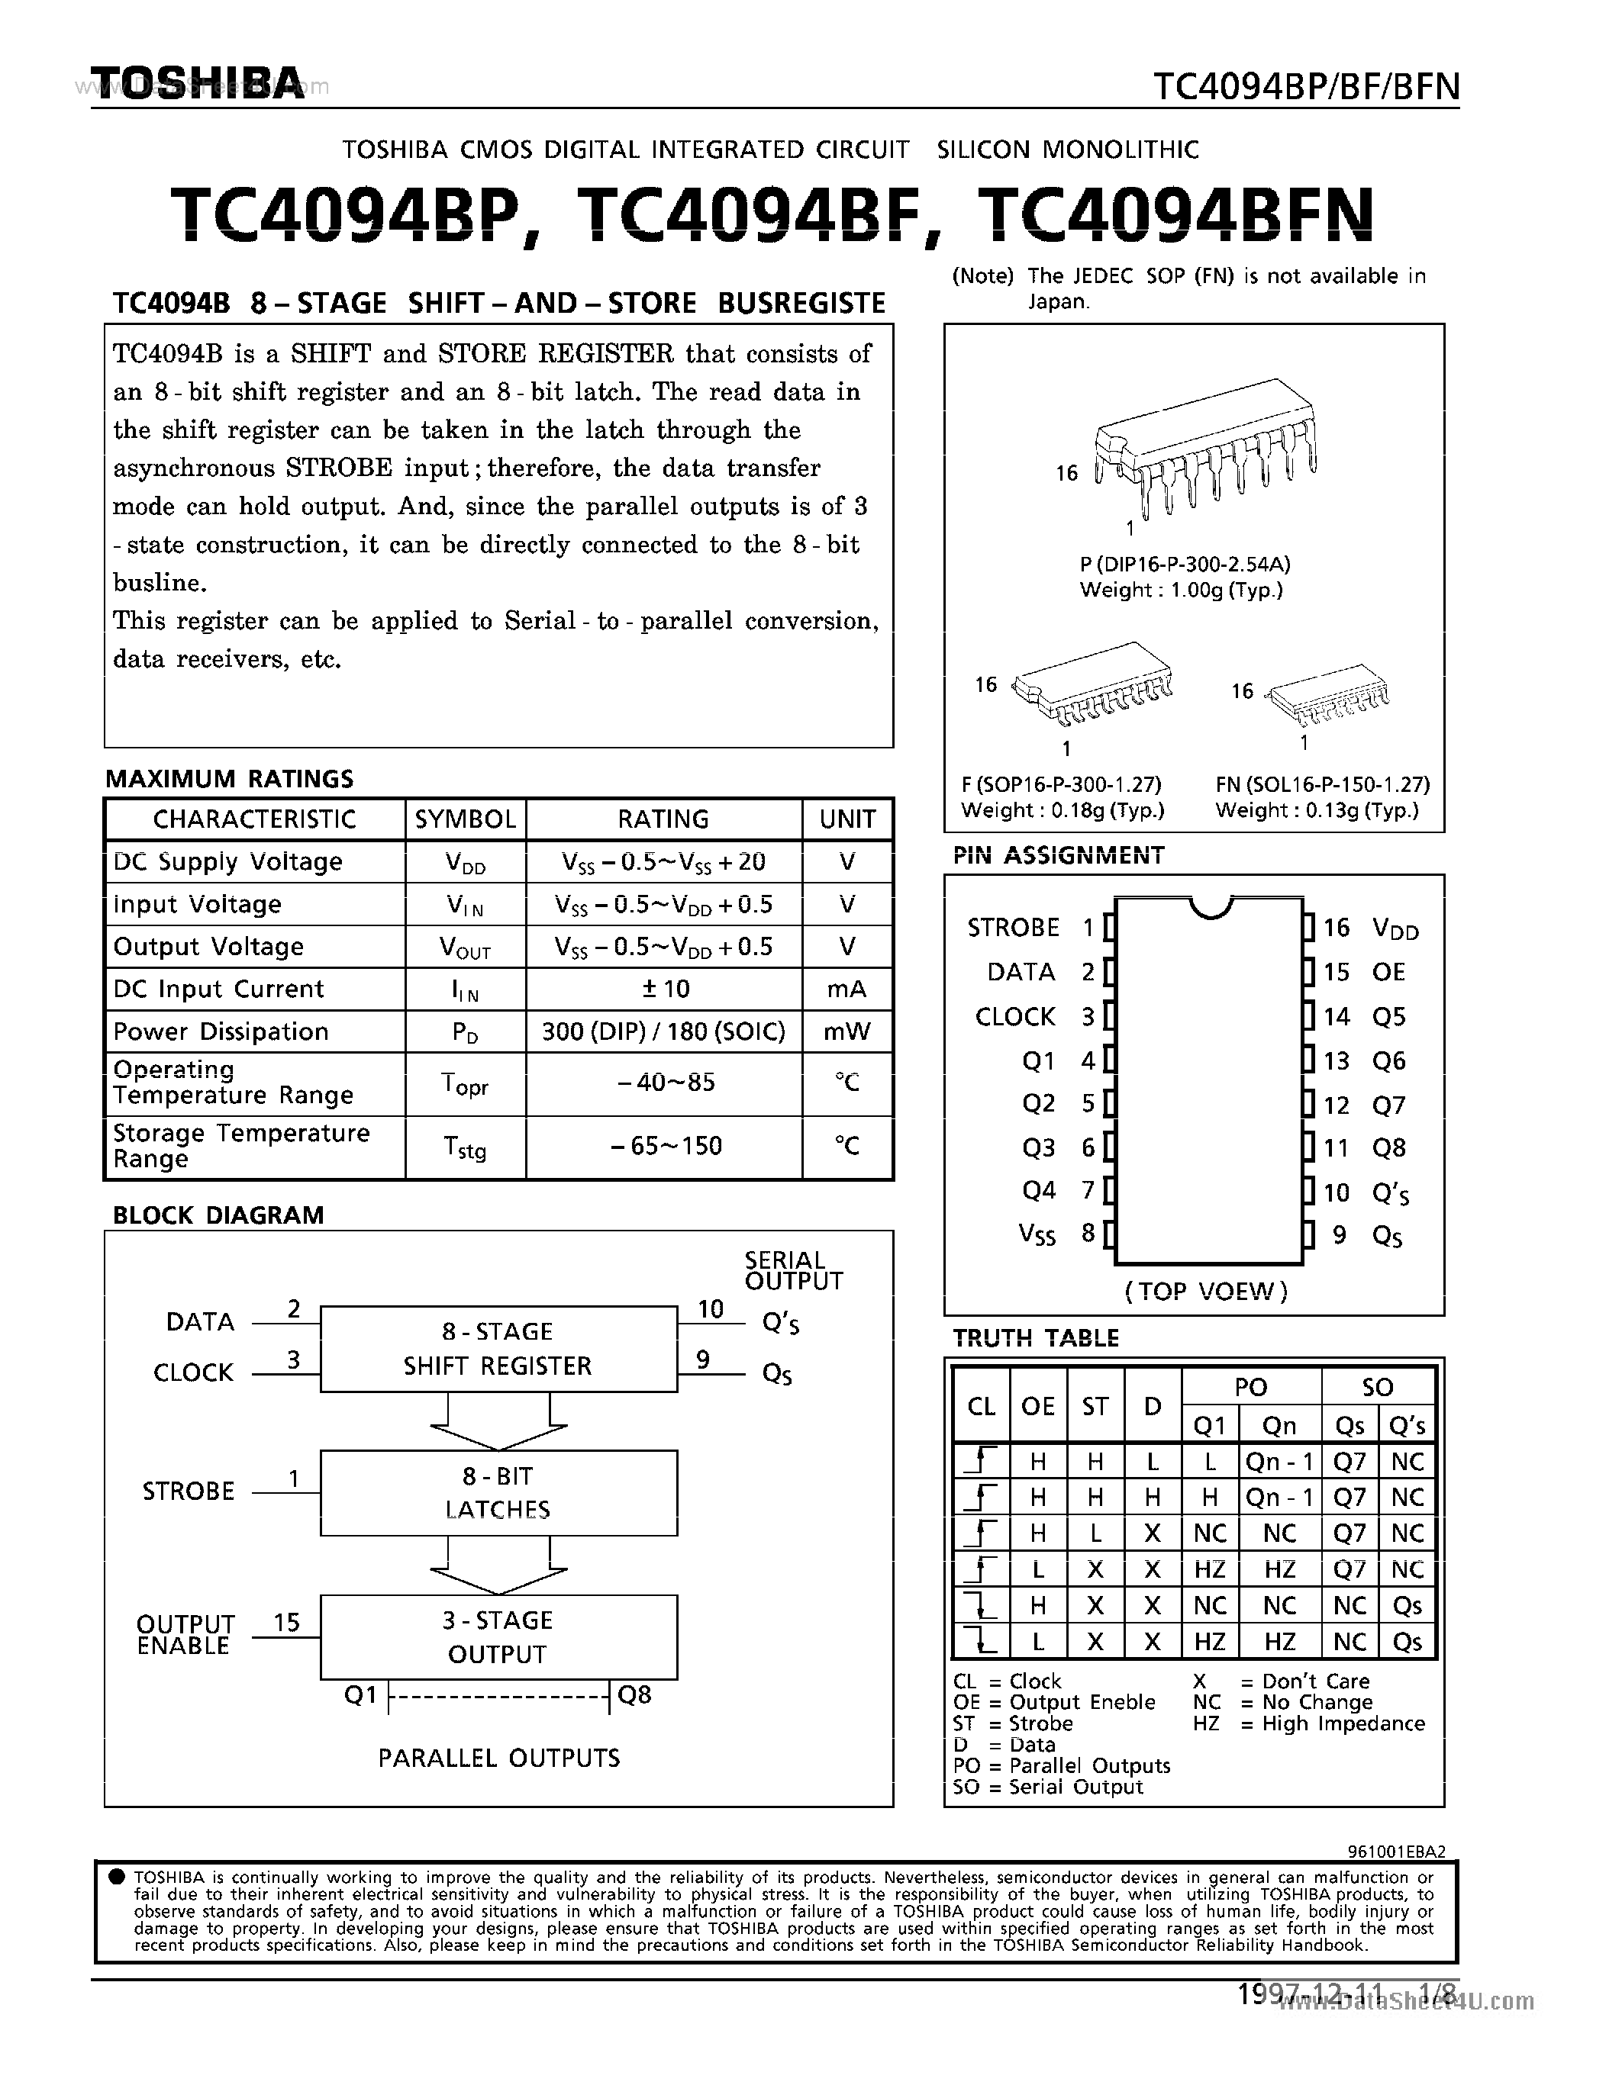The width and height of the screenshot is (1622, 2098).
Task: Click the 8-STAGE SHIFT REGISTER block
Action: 498,1348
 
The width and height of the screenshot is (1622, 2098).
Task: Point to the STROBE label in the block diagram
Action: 189,1491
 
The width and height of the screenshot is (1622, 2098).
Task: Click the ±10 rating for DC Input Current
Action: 663,989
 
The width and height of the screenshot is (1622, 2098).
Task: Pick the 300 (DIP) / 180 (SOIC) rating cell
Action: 663,1031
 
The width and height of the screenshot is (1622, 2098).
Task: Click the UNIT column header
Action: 846,819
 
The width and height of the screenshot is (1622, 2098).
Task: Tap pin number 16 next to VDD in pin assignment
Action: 1336,927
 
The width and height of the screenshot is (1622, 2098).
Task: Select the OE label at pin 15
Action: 1388,972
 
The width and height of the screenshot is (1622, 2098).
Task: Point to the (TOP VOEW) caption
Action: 1206,1291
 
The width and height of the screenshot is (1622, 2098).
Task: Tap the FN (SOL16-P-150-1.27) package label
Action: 1322,784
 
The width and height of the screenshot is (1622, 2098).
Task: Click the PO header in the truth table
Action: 1250,1387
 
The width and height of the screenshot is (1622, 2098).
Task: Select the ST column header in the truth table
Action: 1095,1406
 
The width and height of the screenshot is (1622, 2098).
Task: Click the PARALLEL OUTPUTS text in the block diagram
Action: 498,1758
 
